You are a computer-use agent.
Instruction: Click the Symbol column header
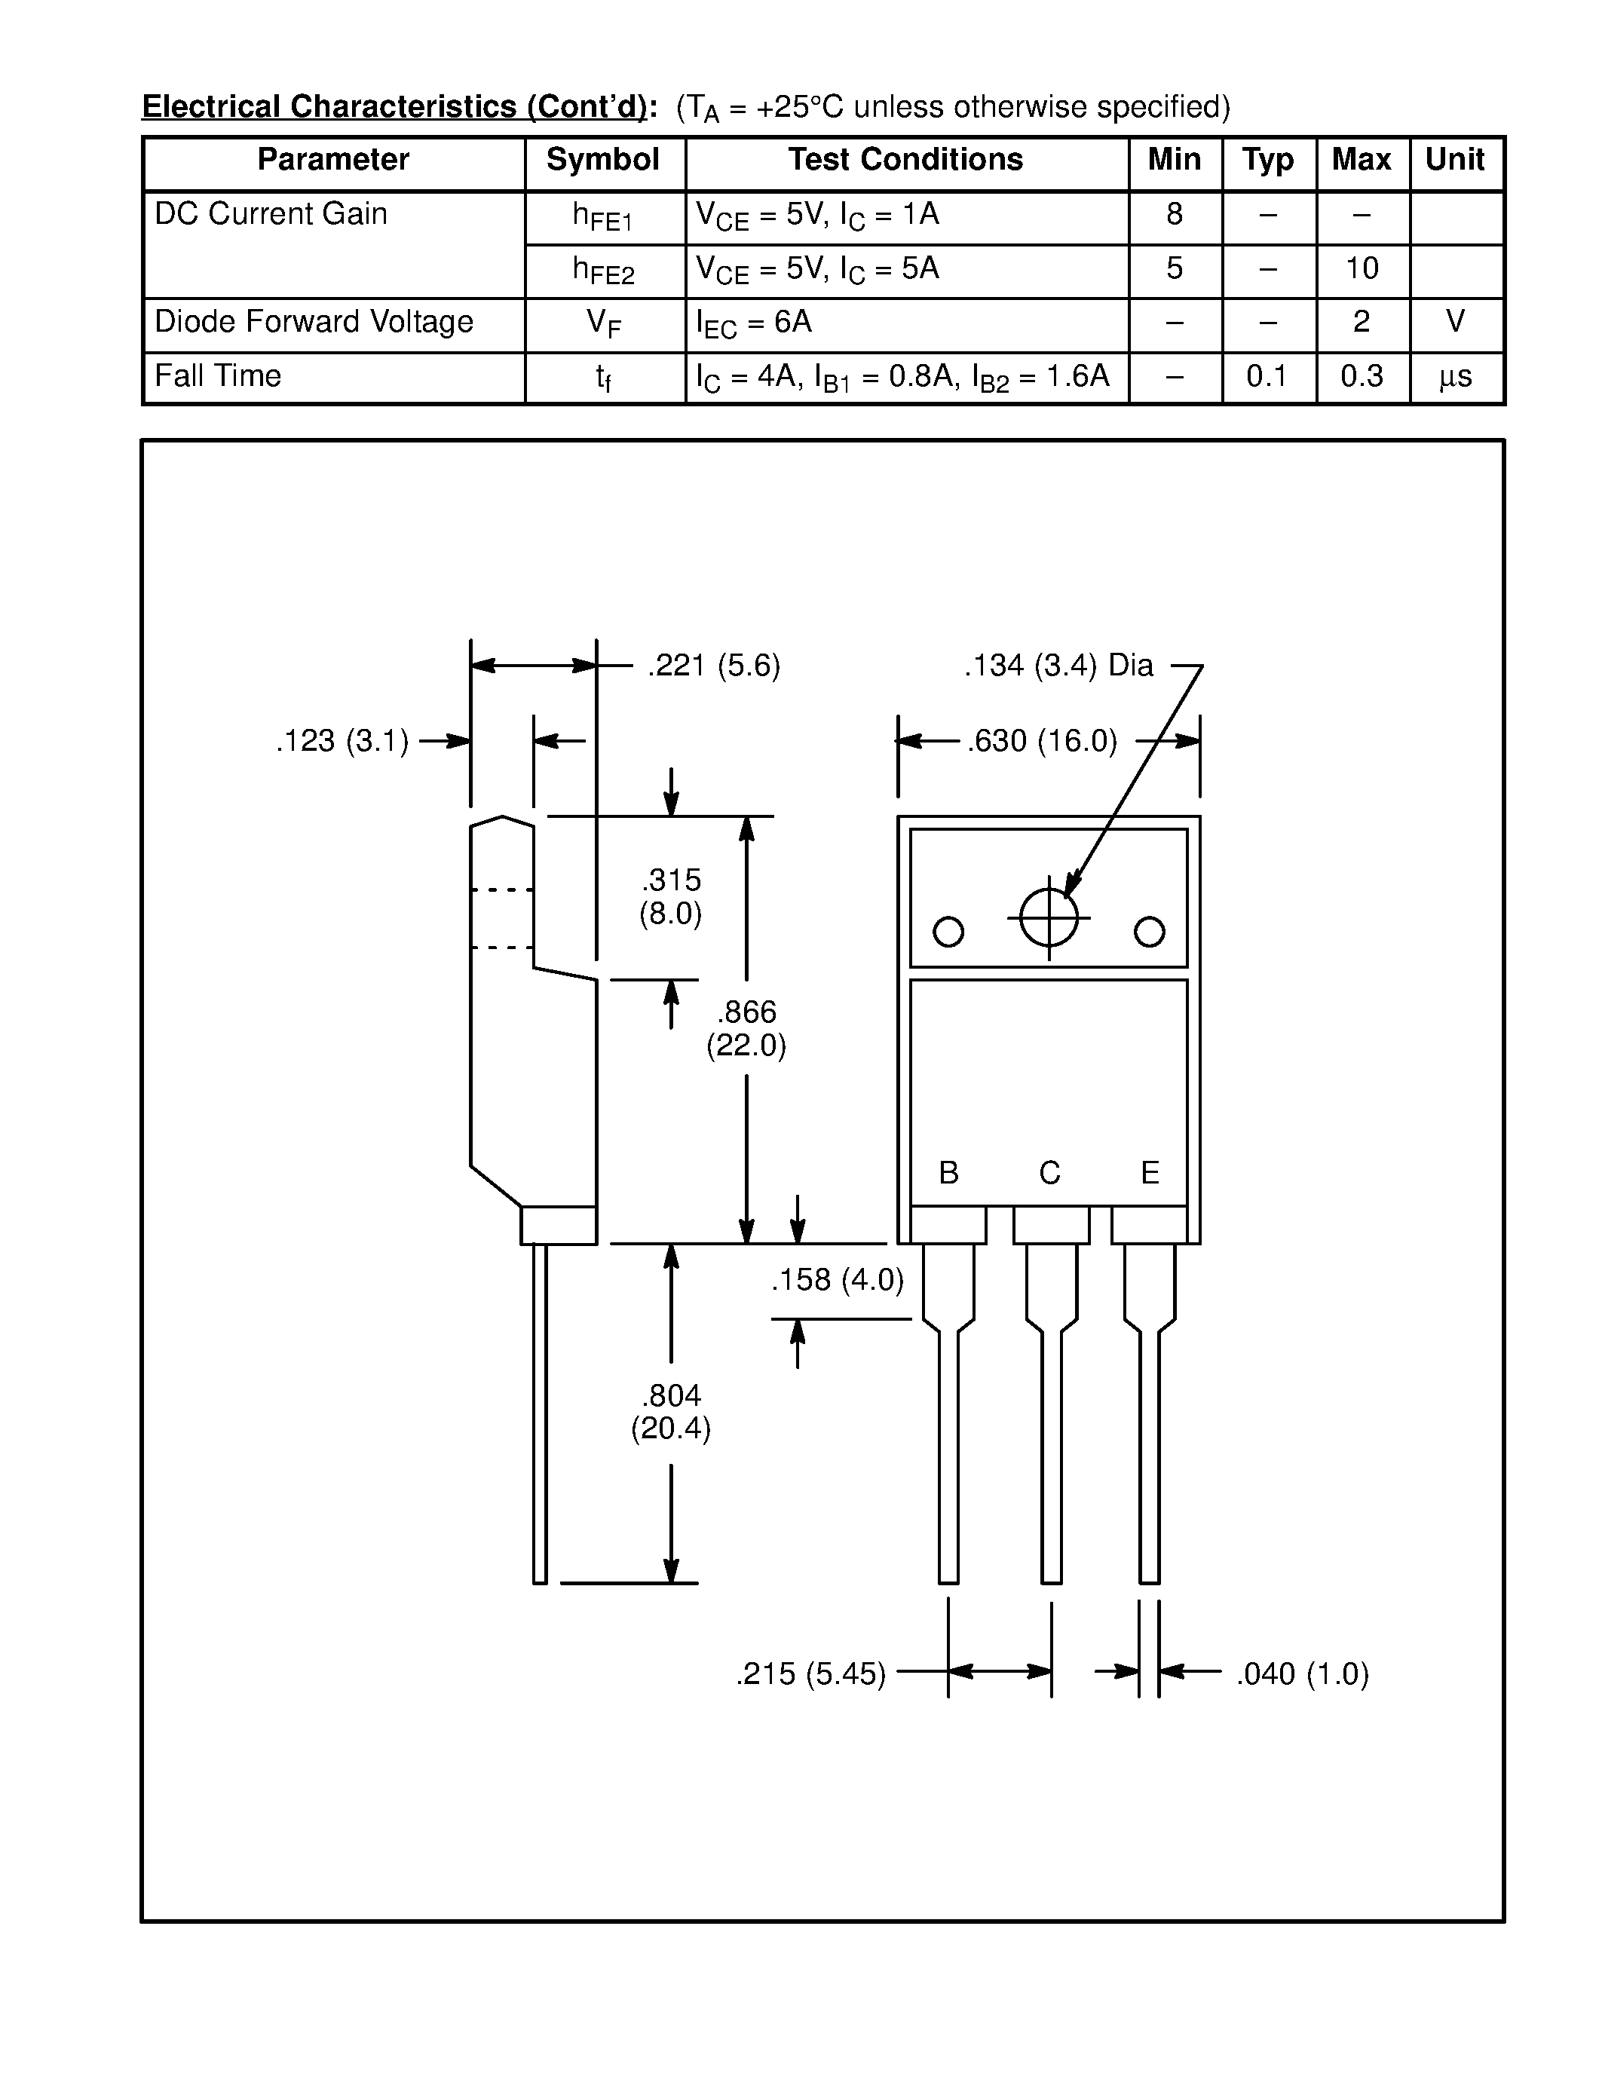coord(602,161)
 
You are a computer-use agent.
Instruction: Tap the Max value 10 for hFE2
coord(1362,268)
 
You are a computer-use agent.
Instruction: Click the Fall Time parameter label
coord(219,376)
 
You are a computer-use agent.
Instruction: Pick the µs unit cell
coord(1455,377)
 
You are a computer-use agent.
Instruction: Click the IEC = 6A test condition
coord(754,323)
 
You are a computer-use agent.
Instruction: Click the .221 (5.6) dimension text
coord(714,666)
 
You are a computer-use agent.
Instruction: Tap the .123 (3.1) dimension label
coord(342,740)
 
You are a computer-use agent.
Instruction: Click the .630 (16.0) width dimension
coord(1042,740)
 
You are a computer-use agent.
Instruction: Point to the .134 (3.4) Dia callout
coord(1058,666)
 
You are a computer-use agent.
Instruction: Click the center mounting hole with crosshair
coord(1049,918)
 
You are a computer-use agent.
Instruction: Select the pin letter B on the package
coord(948,1173)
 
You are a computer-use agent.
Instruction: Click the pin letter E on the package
coord(1150,1173)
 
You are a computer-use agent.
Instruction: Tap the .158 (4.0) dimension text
coord(837,1281)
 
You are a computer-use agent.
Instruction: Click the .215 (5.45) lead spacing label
coord(810,1673)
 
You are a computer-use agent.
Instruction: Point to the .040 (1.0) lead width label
coord(1302,1673)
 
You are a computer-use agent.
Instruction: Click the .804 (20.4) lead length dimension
coord(671,1411)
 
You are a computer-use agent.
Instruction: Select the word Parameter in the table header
coord(333,161)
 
